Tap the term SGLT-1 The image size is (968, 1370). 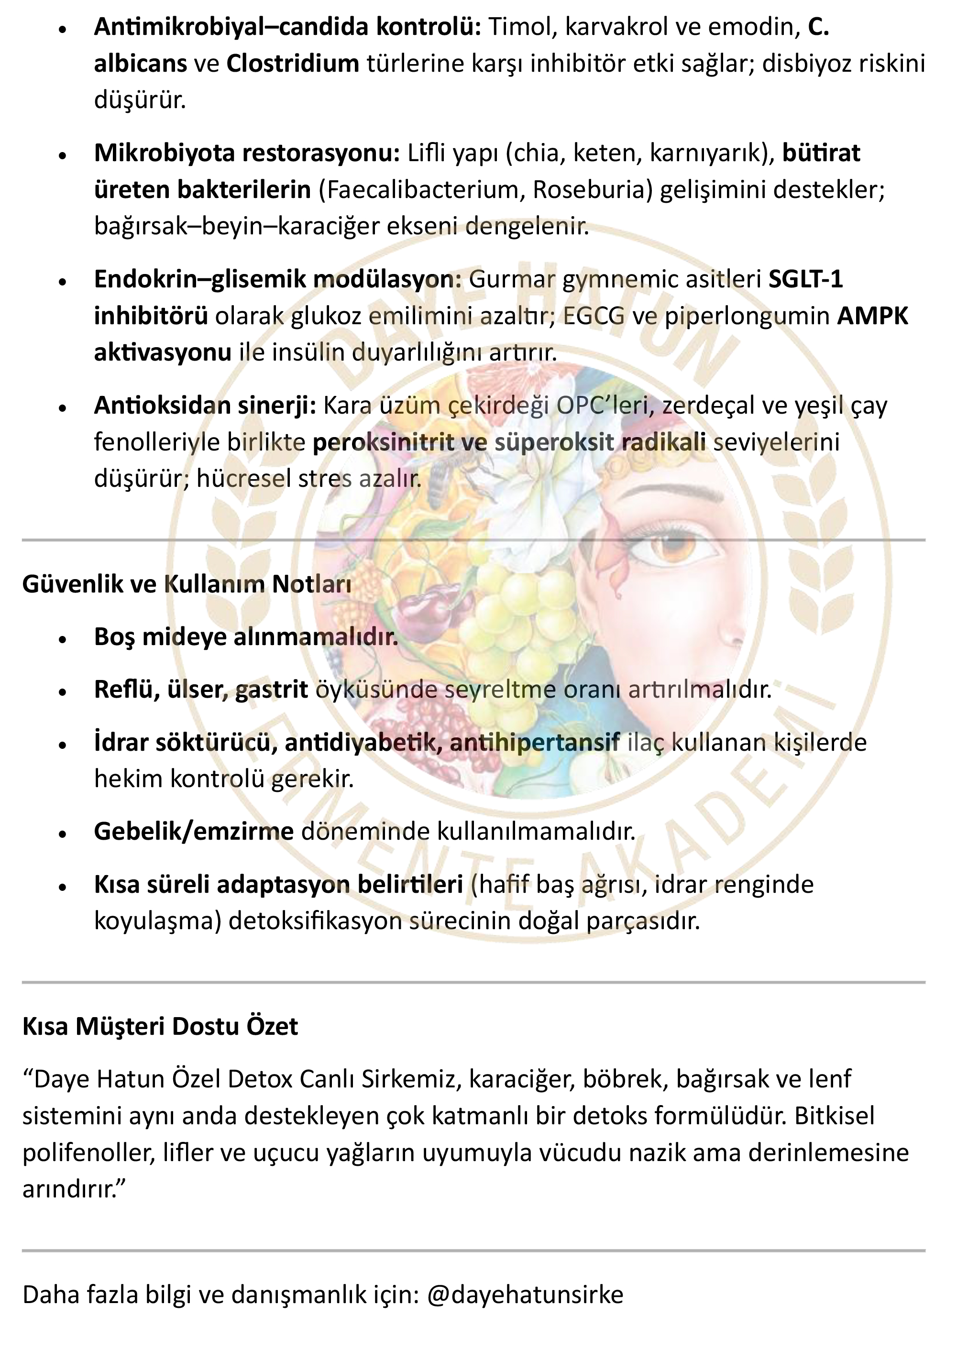tap(805, 279)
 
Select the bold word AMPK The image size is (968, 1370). tap(872, 316)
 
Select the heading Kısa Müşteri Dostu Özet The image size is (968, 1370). tap(160, 1026)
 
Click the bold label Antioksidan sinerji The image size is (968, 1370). tap(205, 406)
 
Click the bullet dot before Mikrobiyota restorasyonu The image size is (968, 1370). tap(62, 155)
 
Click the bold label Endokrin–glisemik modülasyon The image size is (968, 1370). tap(277, 279)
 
